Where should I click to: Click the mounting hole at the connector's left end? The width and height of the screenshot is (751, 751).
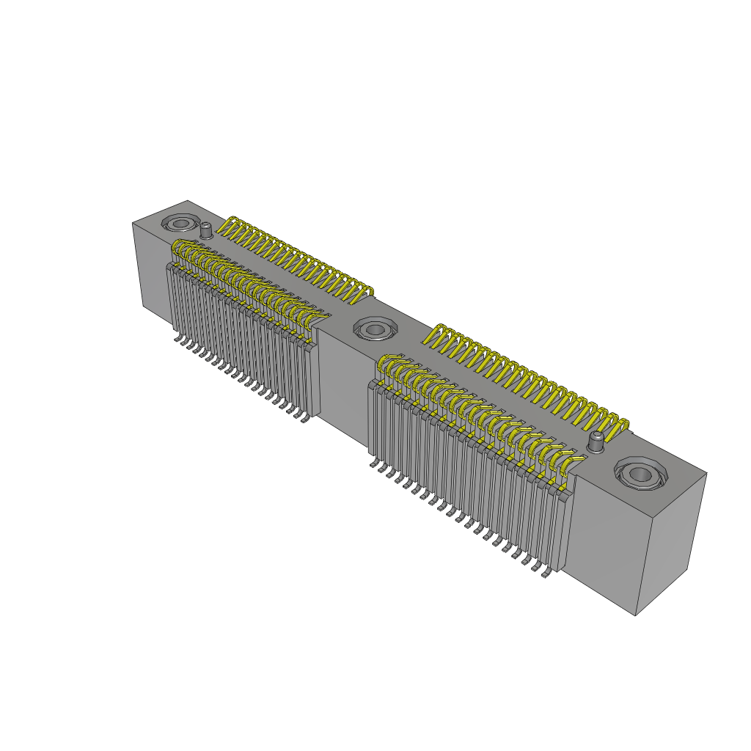[180, 223]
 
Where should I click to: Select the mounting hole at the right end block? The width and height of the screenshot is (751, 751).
[641, 475]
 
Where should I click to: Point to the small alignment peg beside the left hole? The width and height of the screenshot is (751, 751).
[207, 230]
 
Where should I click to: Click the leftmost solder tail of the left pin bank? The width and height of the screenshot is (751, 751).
[177, 339]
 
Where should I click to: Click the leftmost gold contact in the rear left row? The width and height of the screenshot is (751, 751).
[231, 224]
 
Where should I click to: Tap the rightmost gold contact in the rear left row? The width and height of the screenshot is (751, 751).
[366, 292]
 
